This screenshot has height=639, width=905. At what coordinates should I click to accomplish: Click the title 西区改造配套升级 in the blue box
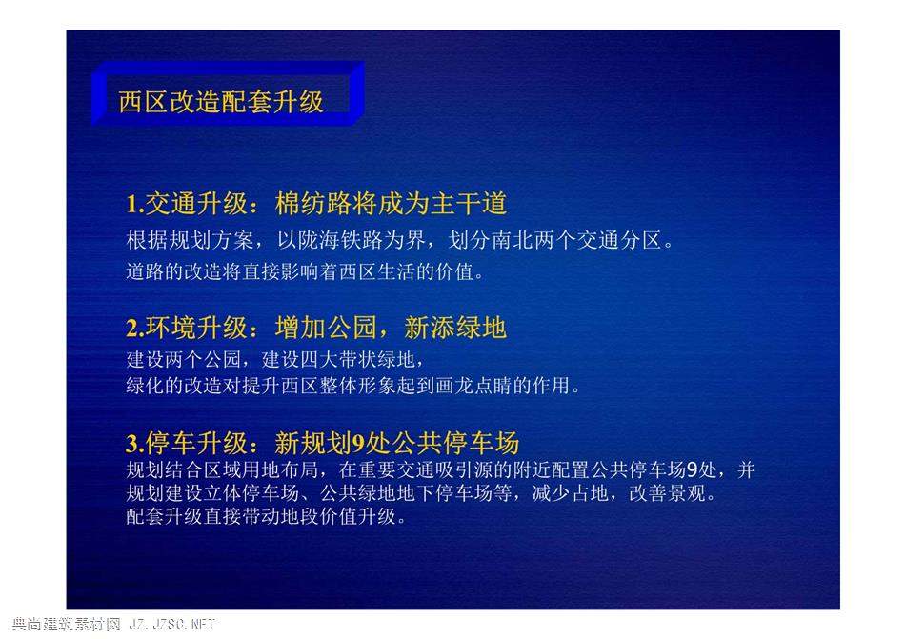(220, 102)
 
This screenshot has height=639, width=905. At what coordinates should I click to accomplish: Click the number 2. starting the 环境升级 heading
(135, 329)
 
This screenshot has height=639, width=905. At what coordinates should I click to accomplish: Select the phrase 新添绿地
(454, 328)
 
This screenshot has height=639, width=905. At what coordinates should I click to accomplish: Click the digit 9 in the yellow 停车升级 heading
(358, 444)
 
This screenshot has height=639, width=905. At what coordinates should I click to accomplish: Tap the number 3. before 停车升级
(135, 444)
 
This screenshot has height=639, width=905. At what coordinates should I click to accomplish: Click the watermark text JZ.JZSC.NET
(171, 624)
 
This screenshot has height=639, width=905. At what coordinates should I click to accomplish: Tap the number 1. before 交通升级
(135, 204)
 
